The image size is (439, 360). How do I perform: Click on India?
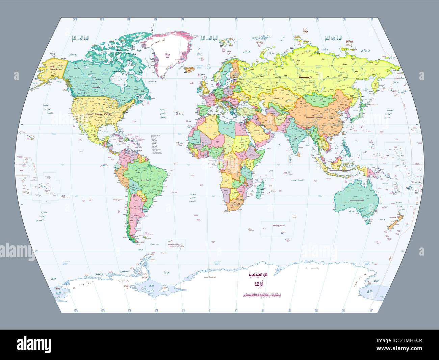tap(297, 139)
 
